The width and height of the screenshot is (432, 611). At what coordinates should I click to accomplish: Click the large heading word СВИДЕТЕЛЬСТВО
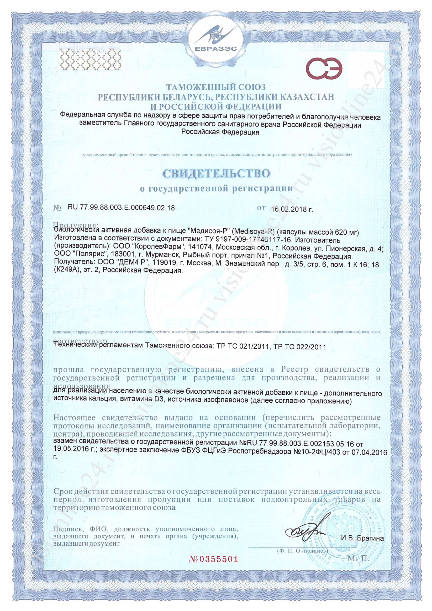[216, 174]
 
